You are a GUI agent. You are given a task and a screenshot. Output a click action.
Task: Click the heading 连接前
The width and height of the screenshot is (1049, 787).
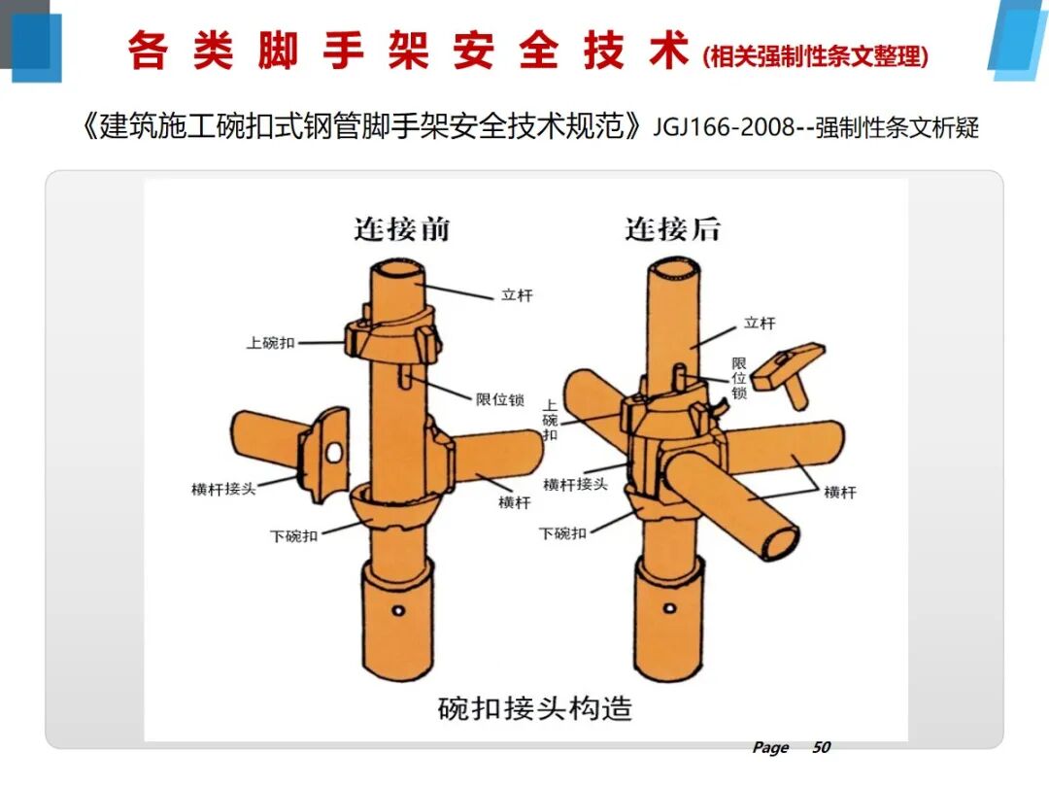(401, 229)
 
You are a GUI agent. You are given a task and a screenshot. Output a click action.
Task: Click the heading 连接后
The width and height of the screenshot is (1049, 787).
(672, 229)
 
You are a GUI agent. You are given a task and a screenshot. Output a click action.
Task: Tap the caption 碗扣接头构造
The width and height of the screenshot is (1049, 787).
(534, 707)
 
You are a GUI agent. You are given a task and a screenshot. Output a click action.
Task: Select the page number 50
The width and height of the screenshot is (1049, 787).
(821, 747)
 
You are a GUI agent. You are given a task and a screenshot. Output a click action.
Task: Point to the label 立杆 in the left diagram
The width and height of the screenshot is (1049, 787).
(517, 294)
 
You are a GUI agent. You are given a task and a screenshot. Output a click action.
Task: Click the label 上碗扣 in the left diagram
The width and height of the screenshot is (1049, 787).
(270, 343)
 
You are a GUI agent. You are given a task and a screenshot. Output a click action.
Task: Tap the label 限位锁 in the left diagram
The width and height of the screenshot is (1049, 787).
(500, 398)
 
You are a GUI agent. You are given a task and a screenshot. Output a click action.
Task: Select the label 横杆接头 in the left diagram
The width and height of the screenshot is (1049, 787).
(223, 489)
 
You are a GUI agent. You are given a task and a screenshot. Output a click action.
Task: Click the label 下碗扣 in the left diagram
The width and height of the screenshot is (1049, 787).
(293, 535)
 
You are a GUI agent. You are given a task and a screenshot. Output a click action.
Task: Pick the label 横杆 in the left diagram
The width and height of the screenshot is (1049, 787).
(514, 502)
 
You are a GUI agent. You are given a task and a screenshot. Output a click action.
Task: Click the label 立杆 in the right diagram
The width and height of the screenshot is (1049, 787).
(760, 323)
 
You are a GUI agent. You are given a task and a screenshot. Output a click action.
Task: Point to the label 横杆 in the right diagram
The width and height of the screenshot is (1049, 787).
(840, 493)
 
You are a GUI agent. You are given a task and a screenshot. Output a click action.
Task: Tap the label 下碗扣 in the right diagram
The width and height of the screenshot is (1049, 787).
(562, 533)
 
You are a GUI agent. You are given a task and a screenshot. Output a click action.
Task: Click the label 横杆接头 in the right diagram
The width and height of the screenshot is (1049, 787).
(575, 484)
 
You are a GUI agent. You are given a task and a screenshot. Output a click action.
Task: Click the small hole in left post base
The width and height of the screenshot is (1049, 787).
(397, 610)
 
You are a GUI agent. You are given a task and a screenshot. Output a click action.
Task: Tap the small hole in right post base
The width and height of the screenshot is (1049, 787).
(668, 608)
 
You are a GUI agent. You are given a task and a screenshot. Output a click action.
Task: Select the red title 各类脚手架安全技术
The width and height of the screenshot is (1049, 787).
(408, 52)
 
